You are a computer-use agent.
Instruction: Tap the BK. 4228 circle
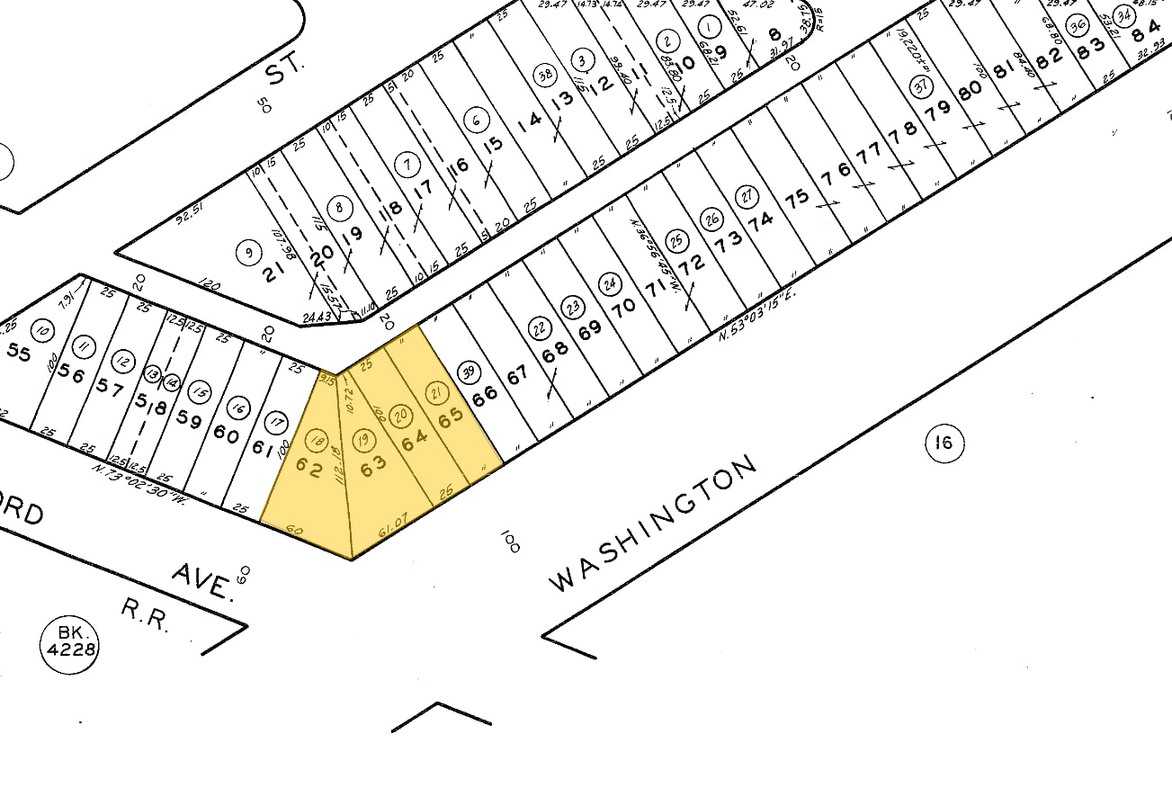[x=69, y=641]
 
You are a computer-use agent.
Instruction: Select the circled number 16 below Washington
[x=943, y=443]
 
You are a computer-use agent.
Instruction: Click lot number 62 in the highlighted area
[x=309, y=469]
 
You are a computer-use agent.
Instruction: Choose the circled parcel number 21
[x=436, y=391]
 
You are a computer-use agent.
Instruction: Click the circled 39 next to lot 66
[x=467, y=372]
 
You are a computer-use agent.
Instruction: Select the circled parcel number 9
[x=247, y=253]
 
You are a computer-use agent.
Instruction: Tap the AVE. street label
[x=201, y=580]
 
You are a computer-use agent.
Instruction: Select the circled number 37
[x=919, y=87]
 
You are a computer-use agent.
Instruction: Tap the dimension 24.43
[x=318, y=315]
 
